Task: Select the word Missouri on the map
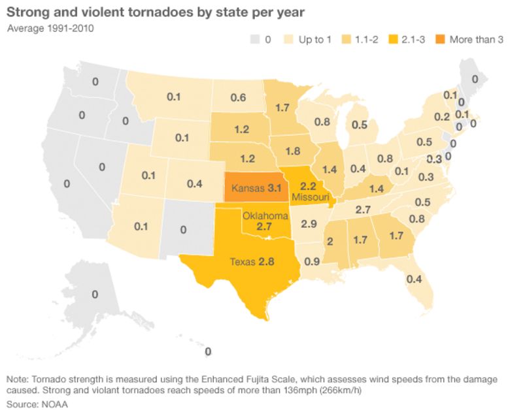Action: pos(311,197)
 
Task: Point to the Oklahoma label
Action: pos(265,215)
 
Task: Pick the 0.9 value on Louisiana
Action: pos(312,262)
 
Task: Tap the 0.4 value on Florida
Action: pos(414,279)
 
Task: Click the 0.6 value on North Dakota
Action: pos(238,97)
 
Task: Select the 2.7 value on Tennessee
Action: pos(363,210)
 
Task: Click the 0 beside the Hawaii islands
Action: pos(208,352)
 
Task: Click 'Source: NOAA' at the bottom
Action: pos(37,403)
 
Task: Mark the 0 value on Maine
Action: pos(475,79)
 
